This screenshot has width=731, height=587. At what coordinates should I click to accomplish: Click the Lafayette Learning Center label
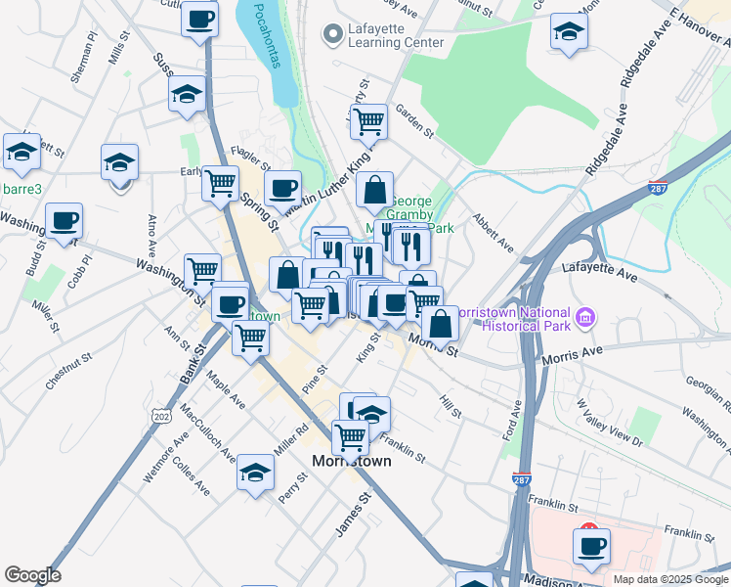point(395,35)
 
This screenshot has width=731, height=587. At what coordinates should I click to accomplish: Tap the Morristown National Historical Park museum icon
point(586,317)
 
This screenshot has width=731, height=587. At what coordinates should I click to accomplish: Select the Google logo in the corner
point(32,575)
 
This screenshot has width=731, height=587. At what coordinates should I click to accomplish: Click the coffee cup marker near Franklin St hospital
point(591,546)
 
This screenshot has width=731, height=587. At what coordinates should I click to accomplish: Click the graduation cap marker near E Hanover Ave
point(569,32)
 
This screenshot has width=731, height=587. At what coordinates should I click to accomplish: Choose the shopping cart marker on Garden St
point(368,121)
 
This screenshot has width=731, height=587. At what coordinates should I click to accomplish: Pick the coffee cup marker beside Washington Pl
point(64,220)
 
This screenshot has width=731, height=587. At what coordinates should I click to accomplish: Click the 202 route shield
point(161,418)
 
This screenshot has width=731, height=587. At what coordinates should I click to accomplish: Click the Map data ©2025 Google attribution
point(669,579)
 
